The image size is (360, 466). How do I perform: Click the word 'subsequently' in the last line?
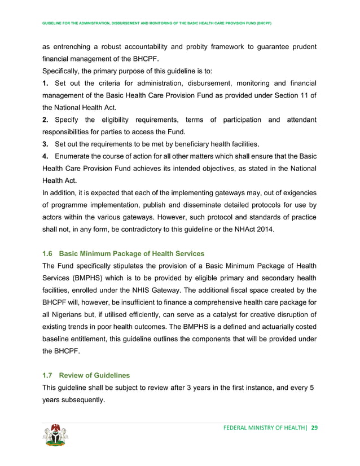84,400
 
